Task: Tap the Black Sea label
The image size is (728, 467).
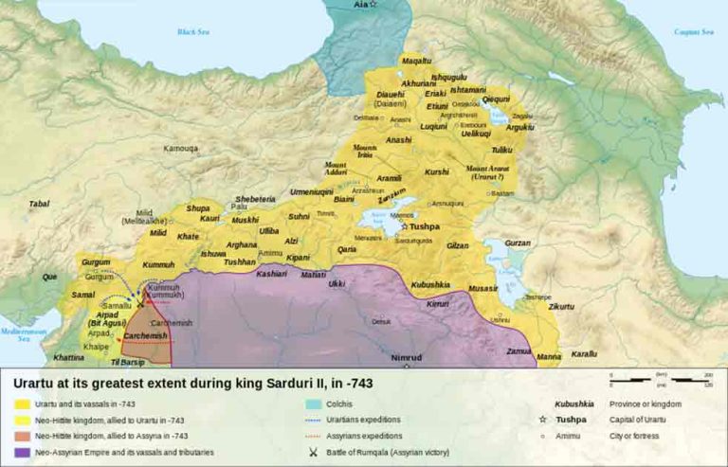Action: point(193,32)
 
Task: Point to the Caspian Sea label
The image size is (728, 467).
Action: point(693,32)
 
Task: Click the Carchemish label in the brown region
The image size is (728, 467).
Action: point(144,336)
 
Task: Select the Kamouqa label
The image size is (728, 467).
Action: point(181,149)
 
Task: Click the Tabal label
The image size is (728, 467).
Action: point(39,204)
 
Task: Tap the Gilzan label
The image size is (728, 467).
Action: point(458,245)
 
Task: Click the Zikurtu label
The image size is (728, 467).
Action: point(561,307)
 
